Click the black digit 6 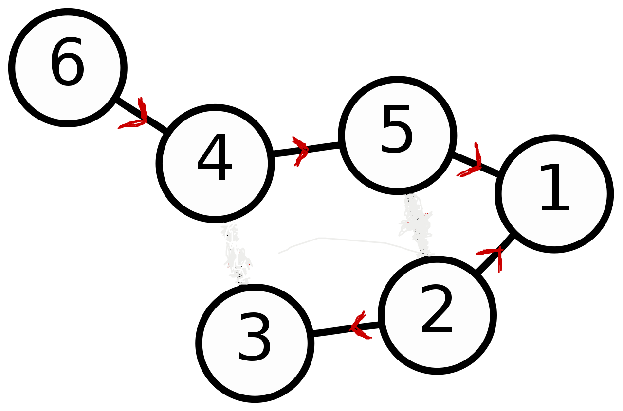point(67,63)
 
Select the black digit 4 point(214,158)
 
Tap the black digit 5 point(397,131)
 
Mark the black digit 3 point(255,338)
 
